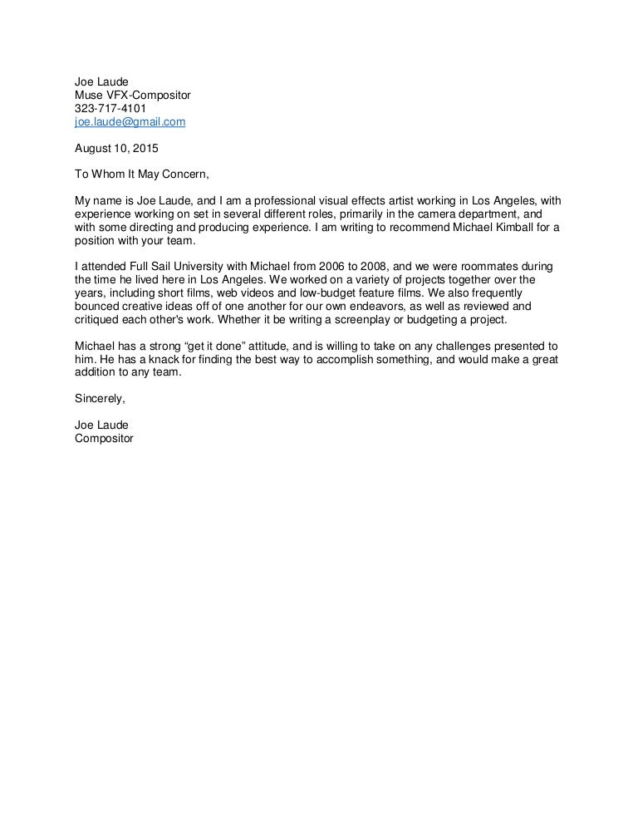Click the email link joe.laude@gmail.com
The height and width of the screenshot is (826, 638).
click(x=130, y=122)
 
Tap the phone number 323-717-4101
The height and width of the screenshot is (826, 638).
click(x=110, y=109)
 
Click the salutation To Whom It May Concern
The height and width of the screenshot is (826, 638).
click(x=142, y=175)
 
